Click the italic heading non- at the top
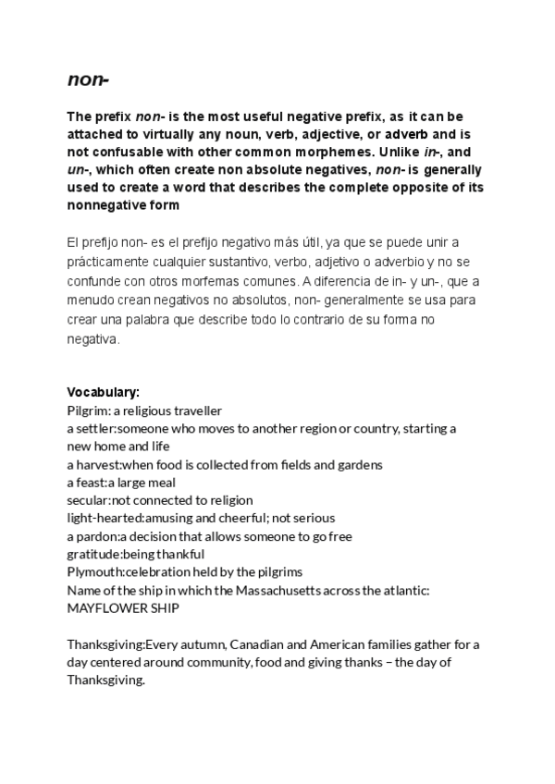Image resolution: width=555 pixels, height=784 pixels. click(x=88, y=80)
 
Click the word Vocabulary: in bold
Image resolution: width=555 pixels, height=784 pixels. click(x=103, y=392)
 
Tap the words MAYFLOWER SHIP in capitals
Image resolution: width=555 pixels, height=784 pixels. click(x=123, y=608)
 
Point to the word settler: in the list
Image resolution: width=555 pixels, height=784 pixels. click(x=96, y=429)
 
